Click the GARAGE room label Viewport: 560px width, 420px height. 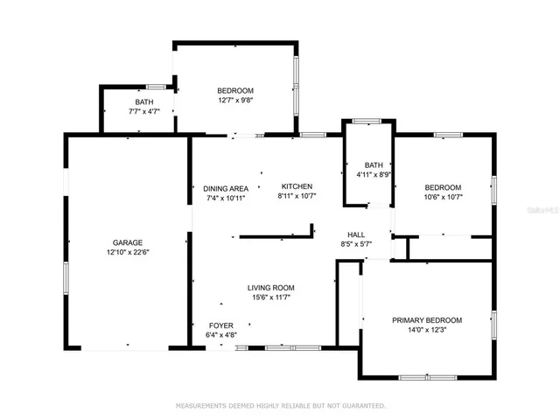(x=127, y=242)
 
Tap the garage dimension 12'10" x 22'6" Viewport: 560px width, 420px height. (x=127, y=252)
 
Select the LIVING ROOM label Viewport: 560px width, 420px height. (x=270, y=288)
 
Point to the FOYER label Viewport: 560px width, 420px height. (x=220, y=325)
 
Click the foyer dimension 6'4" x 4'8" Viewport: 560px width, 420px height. (x=220, y=334)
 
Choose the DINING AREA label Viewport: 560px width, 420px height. (x=226, y=188)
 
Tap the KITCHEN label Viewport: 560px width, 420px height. (x=297, y=186)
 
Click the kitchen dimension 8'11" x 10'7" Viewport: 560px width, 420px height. (x=297, y=196)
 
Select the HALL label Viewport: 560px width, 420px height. (x=356, y=234)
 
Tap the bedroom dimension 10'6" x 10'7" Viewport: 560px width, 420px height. (x=443, y=197)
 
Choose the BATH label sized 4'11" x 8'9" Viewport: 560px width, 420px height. (x=374, y=164)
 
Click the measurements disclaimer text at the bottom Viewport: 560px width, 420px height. (x=280, y=406)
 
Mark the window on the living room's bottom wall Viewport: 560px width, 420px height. (x=280, y=347)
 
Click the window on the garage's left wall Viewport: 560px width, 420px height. (x=65, y=279)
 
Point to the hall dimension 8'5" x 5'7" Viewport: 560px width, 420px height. (x=356, y=245)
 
